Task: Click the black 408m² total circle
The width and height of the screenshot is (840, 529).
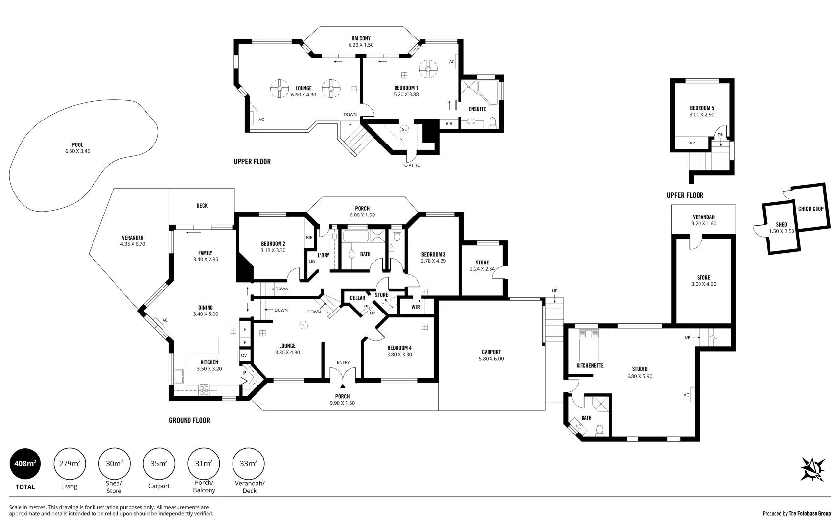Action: (25, 463)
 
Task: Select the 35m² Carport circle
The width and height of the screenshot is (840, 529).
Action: (159, 463)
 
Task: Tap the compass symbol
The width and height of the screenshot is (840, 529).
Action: (813, 469)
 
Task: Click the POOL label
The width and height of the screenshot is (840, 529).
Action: (77, 145)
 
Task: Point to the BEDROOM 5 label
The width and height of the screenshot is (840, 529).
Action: (701, 108)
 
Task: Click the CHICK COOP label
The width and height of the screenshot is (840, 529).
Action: (811, 209)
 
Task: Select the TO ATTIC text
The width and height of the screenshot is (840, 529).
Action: (411, 165)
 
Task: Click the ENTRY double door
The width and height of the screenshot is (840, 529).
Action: (343, 376)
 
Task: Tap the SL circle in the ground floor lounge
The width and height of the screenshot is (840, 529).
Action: (303, 325)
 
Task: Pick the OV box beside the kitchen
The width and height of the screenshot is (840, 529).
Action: (244, 355)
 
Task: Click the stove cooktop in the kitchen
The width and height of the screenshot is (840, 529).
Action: (204, 390)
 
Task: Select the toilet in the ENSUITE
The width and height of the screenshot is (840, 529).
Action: (492, 122)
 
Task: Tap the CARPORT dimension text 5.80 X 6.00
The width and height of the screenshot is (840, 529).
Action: (491, 359)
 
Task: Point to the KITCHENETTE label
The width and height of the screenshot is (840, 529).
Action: (589, 366)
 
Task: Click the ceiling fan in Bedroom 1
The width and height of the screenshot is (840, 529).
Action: (428, 69)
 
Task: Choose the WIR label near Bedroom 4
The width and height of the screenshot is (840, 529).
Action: (415, 307)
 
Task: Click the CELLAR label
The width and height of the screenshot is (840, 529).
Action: (357, 298)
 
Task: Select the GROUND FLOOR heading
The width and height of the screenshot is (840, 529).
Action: (189, 420)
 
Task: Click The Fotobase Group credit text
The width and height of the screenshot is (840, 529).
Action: (810, 513)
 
